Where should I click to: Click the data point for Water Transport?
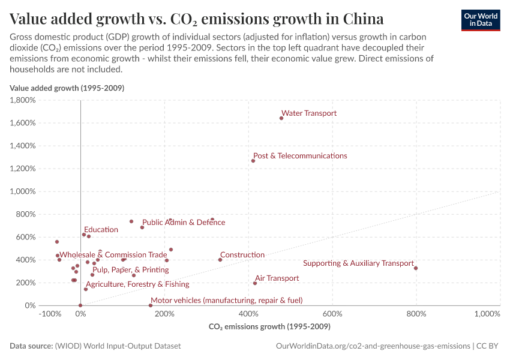281,118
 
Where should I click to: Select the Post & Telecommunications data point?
253,161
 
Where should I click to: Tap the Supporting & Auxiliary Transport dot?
416,268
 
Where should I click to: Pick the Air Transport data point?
255,283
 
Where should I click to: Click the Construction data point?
220,260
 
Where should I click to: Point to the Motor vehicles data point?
151,305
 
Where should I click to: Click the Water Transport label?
309,113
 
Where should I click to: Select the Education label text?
101,230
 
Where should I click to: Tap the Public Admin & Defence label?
184,223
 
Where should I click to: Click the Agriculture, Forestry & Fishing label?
137,284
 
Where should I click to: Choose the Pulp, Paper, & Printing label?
130,270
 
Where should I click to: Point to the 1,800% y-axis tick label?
23,100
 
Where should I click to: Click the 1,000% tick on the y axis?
23,191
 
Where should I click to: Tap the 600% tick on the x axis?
332,314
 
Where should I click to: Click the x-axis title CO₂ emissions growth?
269,327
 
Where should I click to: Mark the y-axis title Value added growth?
67,88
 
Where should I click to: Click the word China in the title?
364,18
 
